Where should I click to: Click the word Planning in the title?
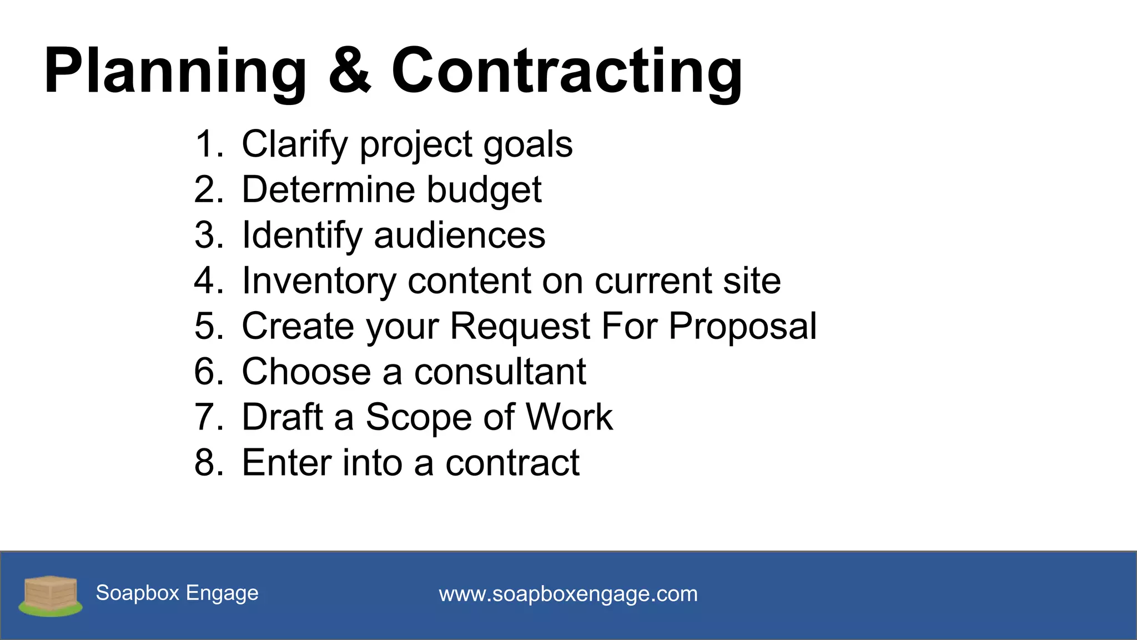(x=175, y=72)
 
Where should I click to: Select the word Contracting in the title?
(x=566, y=72)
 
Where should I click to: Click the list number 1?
(x=208, y=144)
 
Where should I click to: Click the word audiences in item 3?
(x=460, y=236)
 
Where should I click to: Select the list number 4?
(x=208, y=281)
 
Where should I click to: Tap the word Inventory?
(x=319, y=282)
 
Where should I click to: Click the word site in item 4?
(x=752, y=281)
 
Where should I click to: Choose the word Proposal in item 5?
(x=742, y=327)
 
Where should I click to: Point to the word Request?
(x=520, y=327)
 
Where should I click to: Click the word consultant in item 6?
(x=500, y=372)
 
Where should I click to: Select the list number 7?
(x=208, y=417)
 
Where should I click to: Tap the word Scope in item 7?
(x=419, y=418)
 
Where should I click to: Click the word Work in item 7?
(x=569, y=417)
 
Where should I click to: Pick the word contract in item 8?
(x=512, y=463)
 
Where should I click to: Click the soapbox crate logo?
(x=50, y=596)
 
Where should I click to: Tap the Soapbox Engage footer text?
(x=177, y=593)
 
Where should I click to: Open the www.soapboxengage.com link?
(x=568, y=594)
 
